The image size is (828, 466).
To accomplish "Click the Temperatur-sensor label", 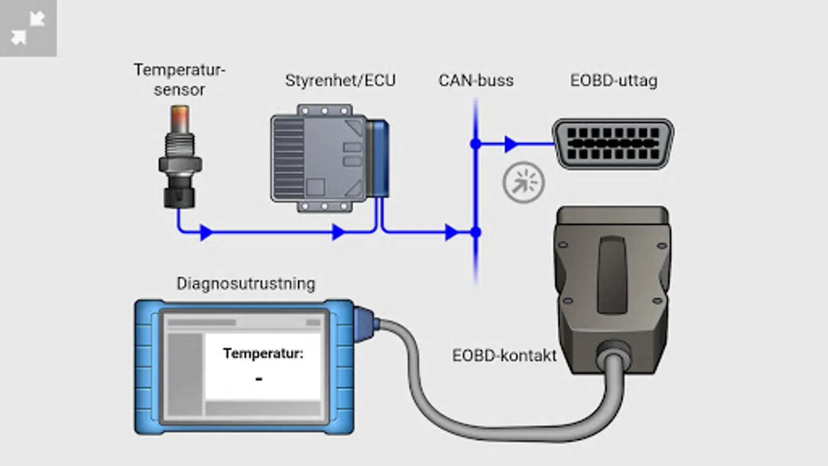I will point(179,80).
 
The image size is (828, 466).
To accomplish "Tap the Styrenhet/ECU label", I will point(340,81).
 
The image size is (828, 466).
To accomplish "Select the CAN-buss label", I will point(476,81).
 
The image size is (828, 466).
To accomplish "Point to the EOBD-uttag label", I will point(614,81).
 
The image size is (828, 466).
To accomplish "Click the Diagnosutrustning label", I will point(246,284).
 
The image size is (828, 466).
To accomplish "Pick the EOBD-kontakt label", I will point(504,356).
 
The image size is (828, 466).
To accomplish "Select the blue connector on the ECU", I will point(378,158).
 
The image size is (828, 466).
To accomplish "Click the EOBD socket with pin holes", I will point(613,143).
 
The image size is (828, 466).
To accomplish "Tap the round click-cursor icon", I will point(523,183).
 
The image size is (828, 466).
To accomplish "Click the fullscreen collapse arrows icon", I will point(28,28).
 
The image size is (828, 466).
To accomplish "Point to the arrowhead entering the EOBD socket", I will point(511,144).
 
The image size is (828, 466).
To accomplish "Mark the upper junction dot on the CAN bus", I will point(476,144).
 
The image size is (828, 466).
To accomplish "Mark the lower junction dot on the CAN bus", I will point(476,232).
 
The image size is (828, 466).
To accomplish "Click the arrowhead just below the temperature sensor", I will point(206,232).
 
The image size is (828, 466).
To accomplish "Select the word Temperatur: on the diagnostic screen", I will point(263,354).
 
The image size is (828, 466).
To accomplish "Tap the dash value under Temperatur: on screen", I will point(259,380).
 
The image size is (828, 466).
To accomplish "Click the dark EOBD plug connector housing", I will point(612,280).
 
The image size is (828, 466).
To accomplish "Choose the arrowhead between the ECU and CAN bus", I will point(451,232).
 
